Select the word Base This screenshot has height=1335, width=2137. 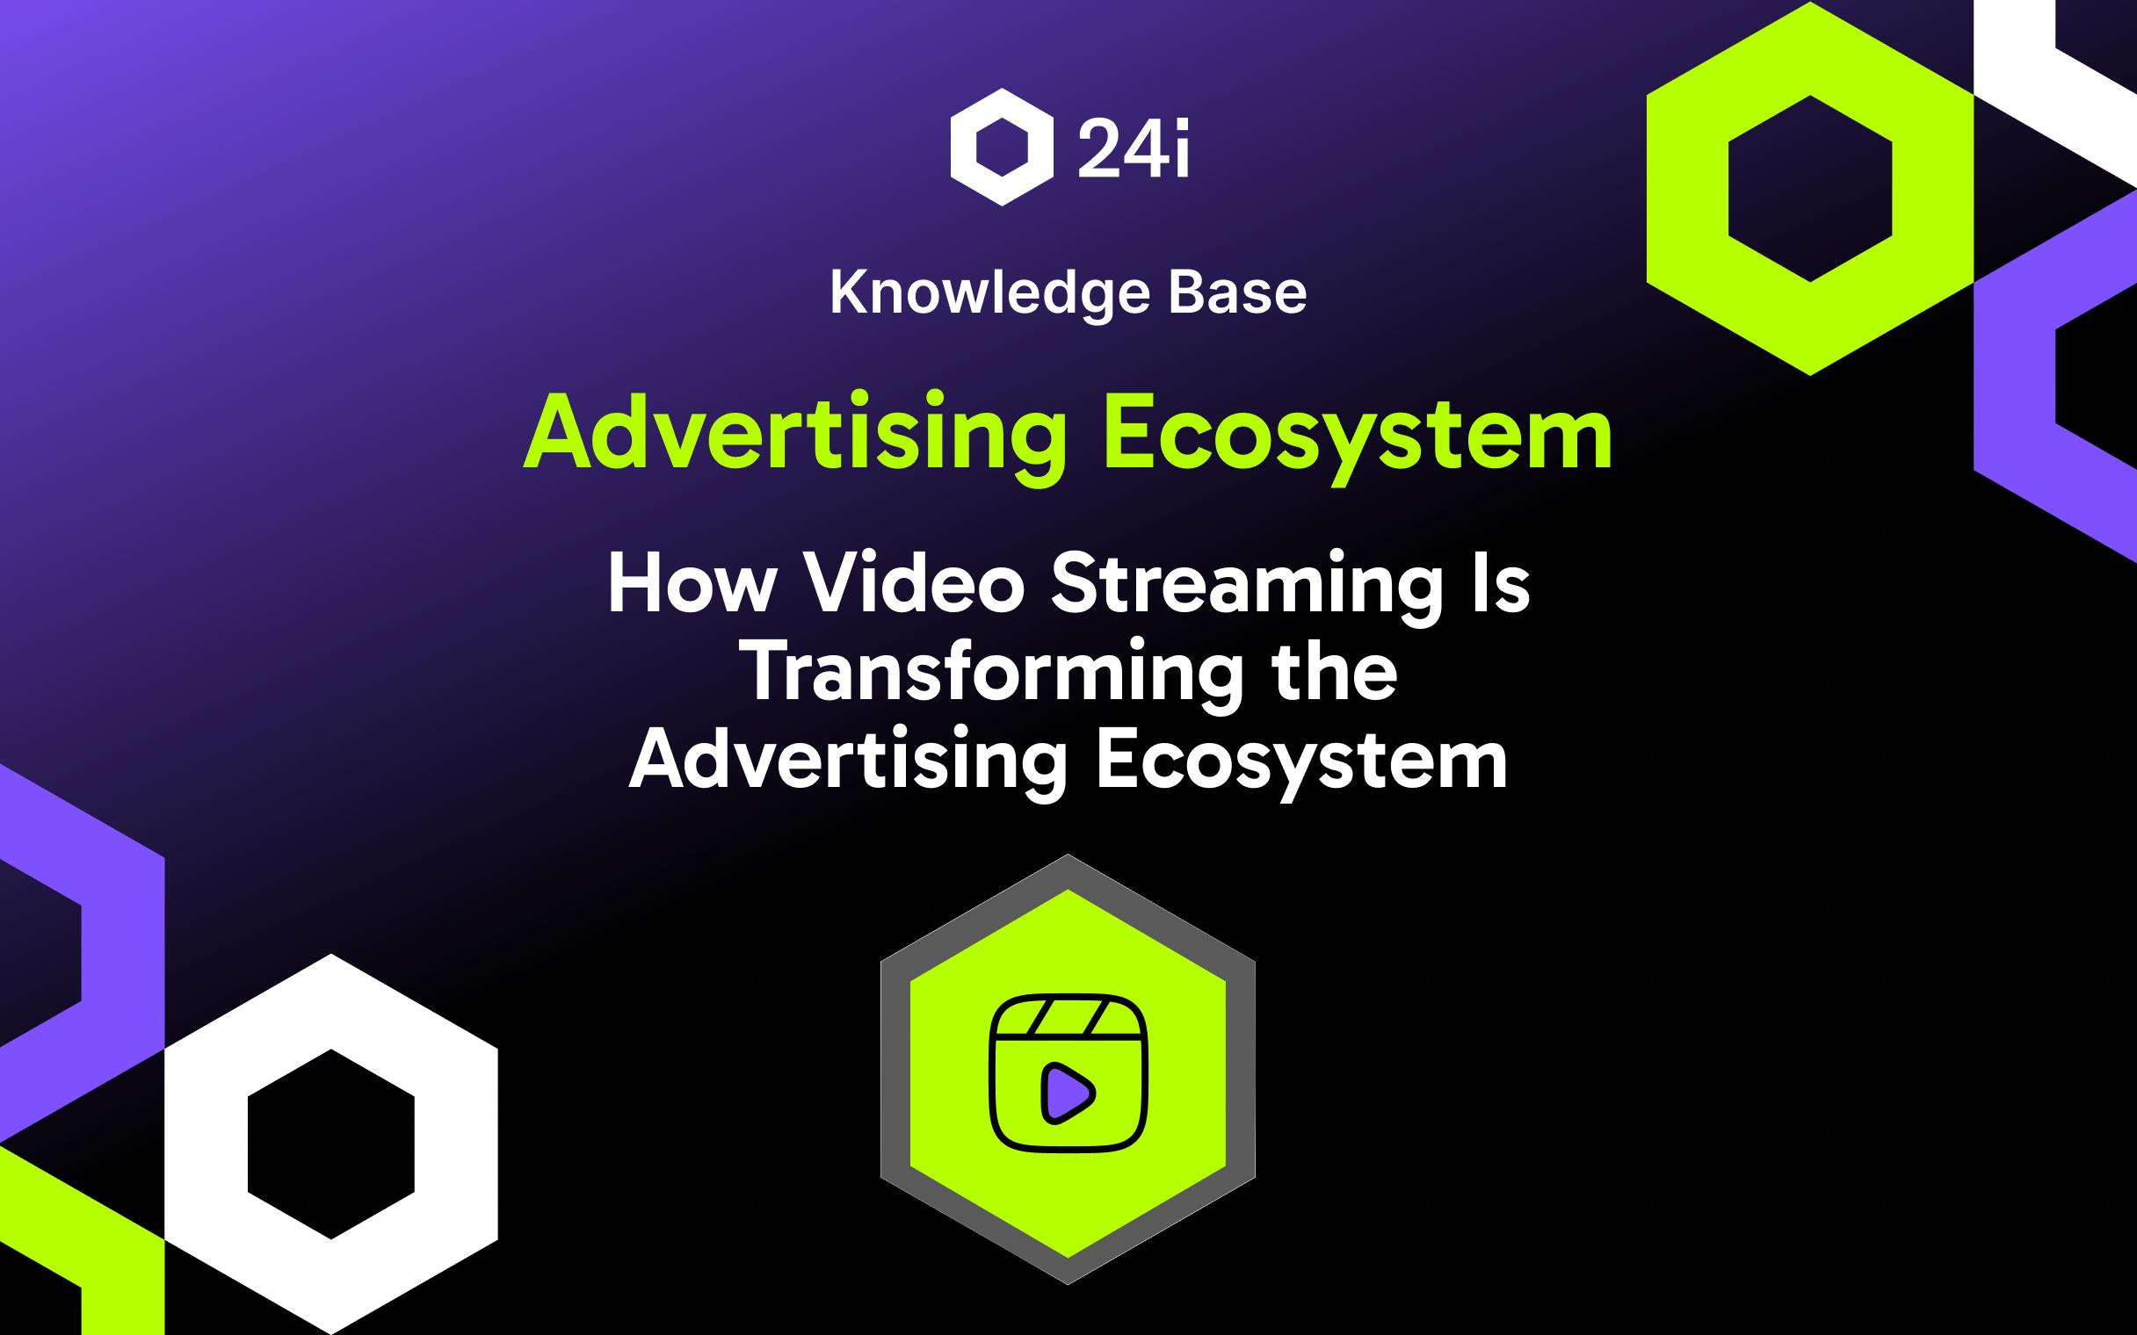pyautogui.click(x=1237, y=293)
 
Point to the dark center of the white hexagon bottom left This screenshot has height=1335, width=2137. pyautogui.click(x=331, y=1144)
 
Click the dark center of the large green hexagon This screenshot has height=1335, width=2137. pyautogui.click(x=1809, y=187)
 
